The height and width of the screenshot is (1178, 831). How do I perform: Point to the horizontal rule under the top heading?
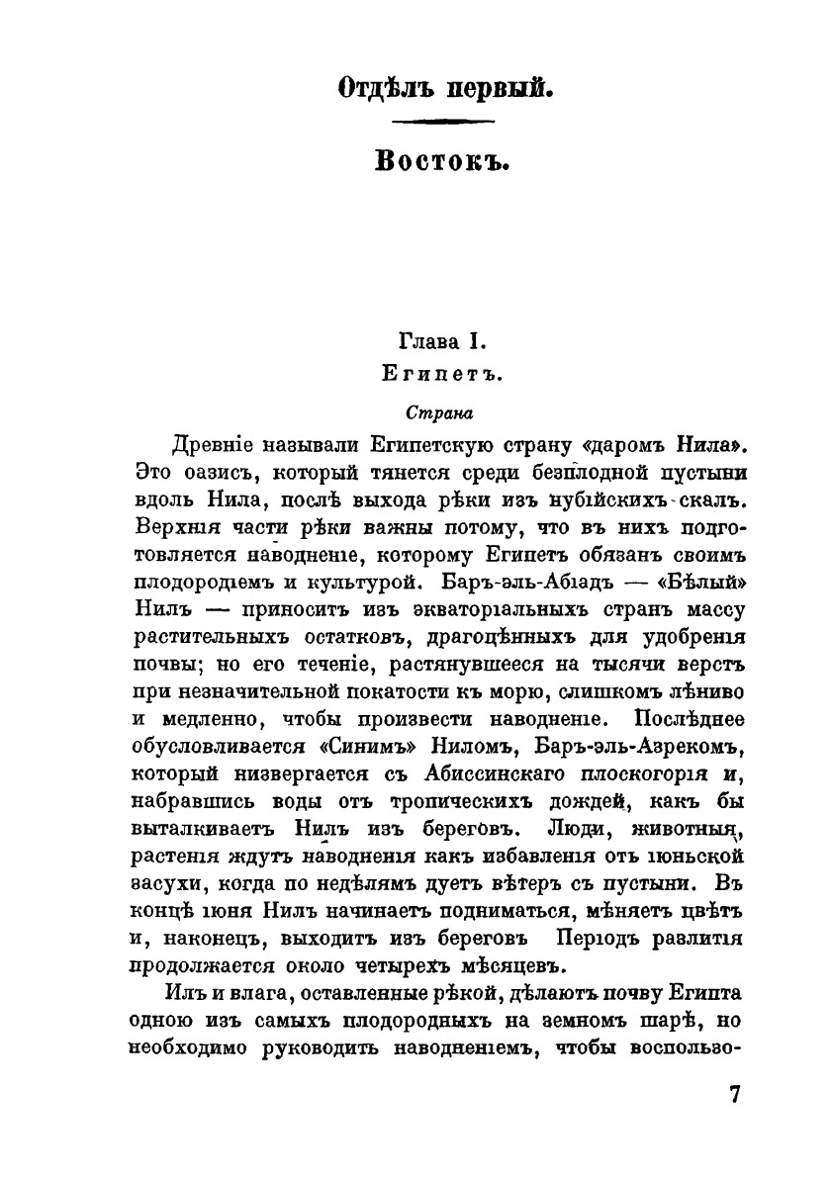(x=443, y=123)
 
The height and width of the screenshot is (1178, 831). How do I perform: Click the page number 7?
(x=734, y=1095)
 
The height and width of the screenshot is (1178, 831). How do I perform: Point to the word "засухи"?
(x=165, y=878)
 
